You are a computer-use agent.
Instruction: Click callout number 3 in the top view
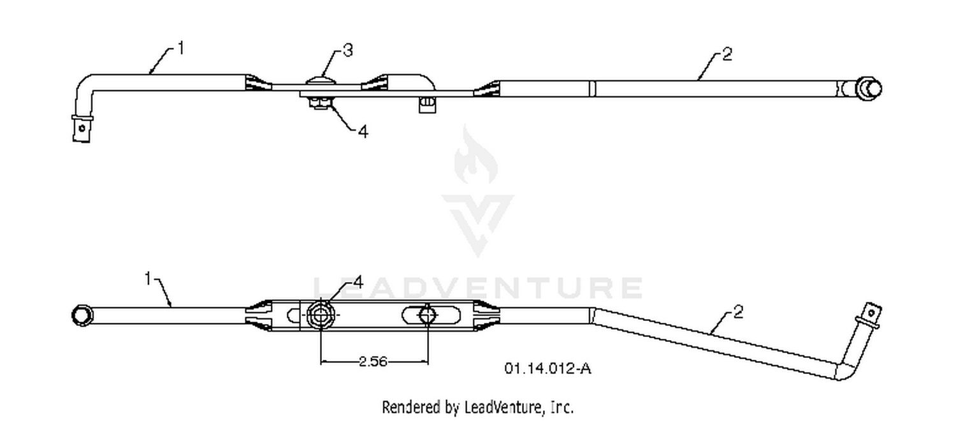tap(348, 51)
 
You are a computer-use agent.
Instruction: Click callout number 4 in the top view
tap(363, 131)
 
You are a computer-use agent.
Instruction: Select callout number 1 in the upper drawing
tap(181, 48)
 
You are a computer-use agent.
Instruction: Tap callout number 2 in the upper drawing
tap(727, 54)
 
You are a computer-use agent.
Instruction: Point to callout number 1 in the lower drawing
tap(148, 279)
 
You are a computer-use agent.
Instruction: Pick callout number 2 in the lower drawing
tap(738, 312)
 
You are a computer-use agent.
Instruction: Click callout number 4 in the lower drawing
tap(358, 283)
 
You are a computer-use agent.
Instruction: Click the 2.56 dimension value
tap(373, 362)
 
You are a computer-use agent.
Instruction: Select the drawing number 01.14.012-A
tap(547, 368)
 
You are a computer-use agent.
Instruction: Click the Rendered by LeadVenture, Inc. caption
tap(477, 407)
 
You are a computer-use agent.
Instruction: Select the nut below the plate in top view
tap(319, 103)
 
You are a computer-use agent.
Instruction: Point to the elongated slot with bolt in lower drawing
tap(431, 315)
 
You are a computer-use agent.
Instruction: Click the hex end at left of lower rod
tap(82, 315)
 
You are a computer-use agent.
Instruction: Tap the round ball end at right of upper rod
tap(869, 89)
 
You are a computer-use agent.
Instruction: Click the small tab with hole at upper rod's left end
tap(82, 128)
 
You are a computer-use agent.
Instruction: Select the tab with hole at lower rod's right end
tap(871, 315)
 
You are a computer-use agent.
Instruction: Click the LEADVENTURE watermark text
tap(478, 288)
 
